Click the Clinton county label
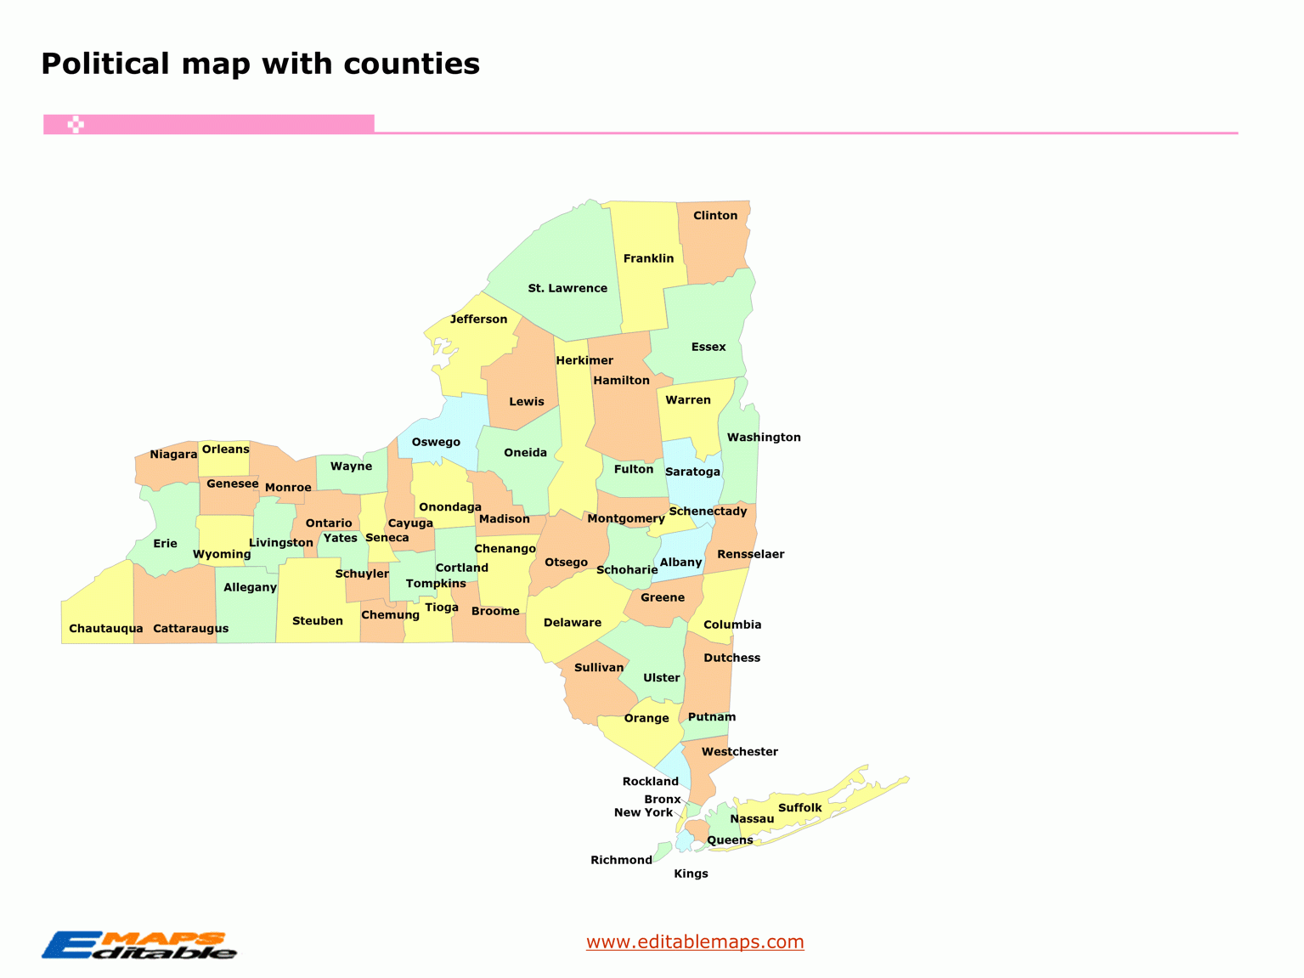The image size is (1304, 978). (715, 216)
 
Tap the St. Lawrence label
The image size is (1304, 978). (567, 289)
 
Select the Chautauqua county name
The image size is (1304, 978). (105, 629)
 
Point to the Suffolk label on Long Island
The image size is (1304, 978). (800, 808)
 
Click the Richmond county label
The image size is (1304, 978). (621, 860)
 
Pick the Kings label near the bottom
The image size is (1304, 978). (691, 873)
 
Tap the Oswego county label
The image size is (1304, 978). (436, 442)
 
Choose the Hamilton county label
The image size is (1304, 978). (621, 381)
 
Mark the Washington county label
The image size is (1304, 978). (764, 438)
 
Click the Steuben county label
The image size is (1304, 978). (318, 621)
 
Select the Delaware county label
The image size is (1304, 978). (573, 623)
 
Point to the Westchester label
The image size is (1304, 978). (739, 752)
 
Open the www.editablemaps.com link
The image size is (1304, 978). (695, 941)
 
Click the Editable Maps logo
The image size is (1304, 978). (139, 946)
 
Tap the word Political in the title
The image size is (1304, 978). (105, 64)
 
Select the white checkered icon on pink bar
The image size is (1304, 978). (76, 125)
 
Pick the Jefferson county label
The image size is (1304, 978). (478, 319)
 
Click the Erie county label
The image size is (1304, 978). (165, 544)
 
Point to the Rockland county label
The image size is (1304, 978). (650, 782)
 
